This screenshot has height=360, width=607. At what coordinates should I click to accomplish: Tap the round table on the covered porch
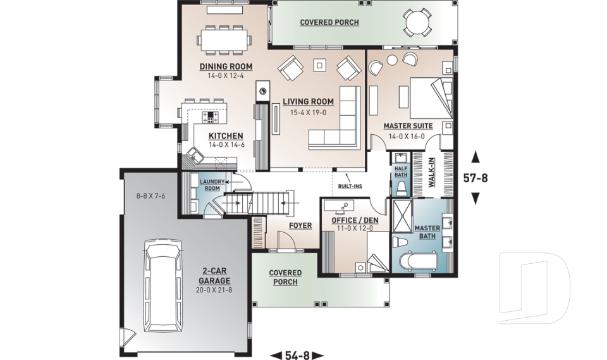click(x=417, y=23)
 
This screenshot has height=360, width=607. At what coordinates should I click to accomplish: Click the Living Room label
click(x=308, y=101)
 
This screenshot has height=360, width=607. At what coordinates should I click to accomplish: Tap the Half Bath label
click(x=401, y=171)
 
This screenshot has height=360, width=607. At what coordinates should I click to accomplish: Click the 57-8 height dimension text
click(x=475, y=178)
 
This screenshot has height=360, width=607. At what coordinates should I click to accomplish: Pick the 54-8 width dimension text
click(x=297, y=355)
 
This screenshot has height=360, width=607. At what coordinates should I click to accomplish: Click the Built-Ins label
click(x=350, y=187)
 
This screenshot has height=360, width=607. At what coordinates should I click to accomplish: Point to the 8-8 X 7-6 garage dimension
click(x=150, y=196)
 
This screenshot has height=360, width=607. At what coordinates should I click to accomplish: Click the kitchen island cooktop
click(x=209, y=117)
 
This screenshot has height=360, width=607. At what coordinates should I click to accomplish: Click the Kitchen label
click(x=226, y=135)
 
